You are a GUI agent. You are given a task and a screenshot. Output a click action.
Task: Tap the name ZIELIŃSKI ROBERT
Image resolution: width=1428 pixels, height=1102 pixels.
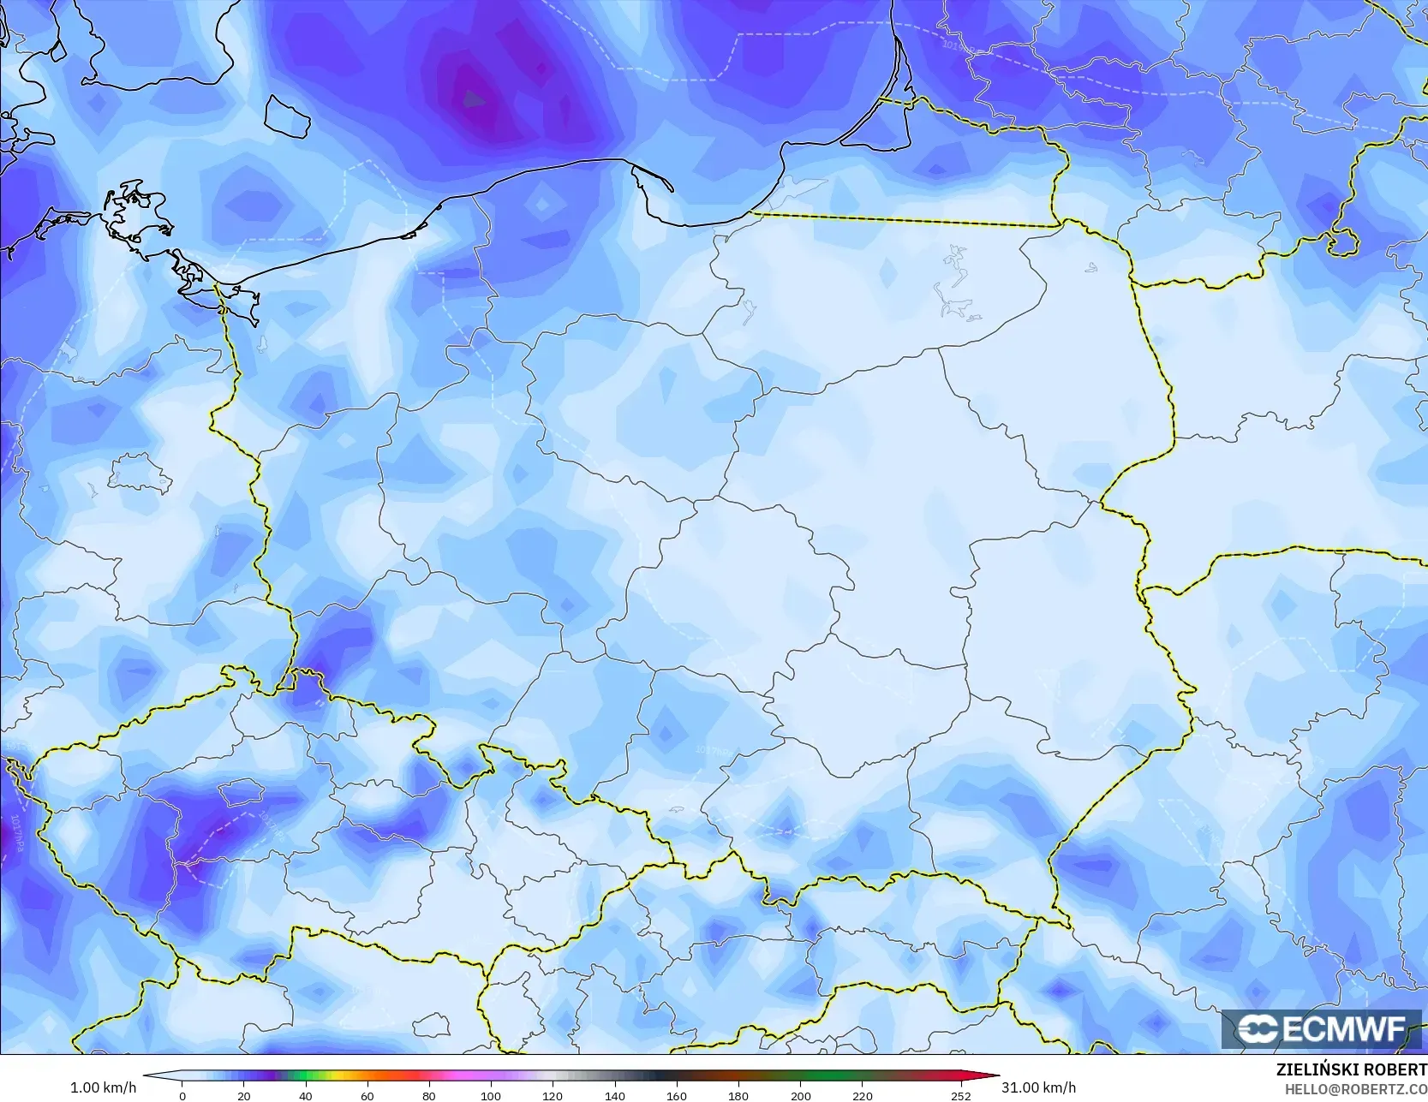click(x=1351, y=1070)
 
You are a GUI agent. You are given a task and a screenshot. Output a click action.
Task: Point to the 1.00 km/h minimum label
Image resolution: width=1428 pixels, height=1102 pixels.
click(x=103, y=1087)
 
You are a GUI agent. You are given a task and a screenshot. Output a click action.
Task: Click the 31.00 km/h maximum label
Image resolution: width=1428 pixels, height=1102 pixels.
click(x=1038, y=1087)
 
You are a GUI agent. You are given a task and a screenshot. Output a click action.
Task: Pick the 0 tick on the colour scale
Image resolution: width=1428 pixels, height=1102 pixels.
click(x=182, y=1096)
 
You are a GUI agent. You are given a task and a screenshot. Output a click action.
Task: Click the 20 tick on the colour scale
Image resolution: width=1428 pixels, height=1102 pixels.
click(x=244, y=1096)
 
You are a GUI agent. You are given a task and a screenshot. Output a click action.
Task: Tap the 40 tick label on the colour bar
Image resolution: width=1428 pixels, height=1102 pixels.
click(x=306, y=1096)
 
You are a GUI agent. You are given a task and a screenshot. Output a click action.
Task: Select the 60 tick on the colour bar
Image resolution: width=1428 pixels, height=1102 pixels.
click(x=367, y=1096)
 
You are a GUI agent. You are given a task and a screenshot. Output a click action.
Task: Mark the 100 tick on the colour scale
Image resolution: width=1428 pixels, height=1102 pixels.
click(x=490, y=1096)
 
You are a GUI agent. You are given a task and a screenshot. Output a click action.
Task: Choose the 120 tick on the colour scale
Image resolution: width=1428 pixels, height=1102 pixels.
click(x=553, y=1096)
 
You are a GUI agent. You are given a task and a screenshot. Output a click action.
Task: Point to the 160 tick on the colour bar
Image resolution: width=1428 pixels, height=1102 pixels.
click(x=676, y=1096)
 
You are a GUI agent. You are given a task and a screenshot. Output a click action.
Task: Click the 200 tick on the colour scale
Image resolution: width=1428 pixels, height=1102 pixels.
click(x=800, y=1096)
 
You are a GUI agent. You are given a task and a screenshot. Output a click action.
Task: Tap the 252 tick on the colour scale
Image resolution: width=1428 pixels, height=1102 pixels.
click(x=961, y=1096)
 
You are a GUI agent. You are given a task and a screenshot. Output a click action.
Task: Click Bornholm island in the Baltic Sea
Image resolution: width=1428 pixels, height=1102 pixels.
click(x=286, y=116)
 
